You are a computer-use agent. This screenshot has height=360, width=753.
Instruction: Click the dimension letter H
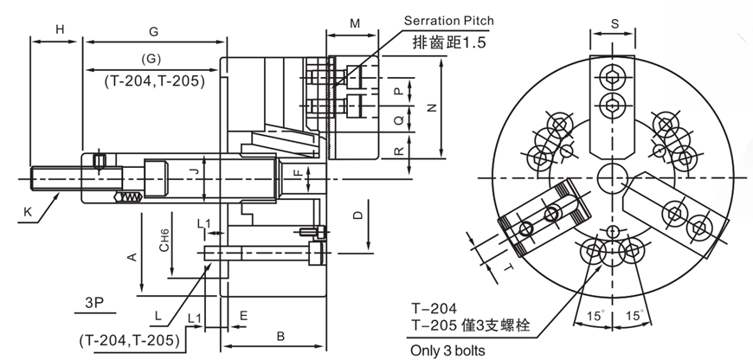(60, 29)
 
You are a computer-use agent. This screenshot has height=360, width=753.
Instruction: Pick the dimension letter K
(29, 211)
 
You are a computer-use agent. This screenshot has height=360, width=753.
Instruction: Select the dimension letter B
(280, 336)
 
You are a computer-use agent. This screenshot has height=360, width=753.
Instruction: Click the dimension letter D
(356, 215)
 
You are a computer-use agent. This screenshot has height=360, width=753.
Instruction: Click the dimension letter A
(132, 257)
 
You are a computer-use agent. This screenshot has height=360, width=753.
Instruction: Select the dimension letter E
(243, 317)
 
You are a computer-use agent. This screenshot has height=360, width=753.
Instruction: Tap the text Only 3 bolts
(447, 350)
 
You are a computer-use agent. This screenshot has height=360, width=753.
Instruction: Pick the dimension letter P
(397, 91)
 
